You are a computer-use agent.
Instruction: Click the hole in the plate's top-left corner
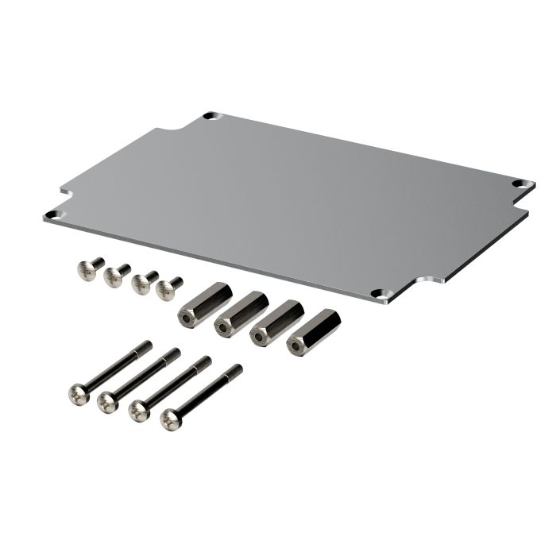coord(210,116)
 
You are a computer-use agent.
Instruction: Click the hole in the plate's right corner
coord(519,183)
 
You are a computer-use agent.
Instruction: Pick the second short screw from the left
coord(116,275)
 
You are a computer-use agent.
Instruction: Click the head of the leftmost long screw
coord(79,393)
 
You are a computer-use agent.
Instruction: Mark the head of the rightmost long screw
coord(171,419)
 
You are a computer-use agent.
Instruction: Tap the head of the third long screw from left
coord(140,410)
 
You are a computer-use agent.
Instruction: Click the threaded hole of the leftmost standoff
coord(186,319)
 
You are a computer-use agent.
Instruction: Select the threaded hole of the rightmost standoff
coord(296,347)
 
